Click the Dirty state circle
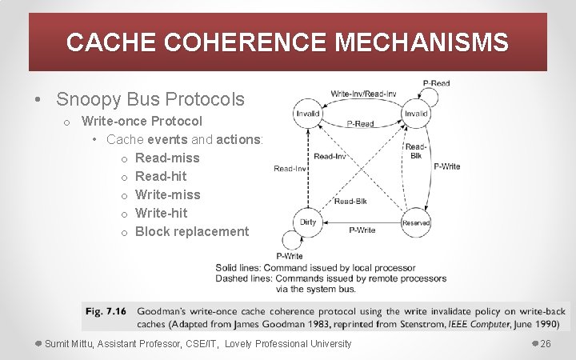pos(308,223)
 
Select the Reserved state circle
pos(416,223)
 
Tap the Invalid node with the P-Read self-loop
pos(416,114)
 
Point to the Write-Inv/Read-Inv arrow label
pos(363,94)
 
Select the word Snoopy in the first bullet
pos(86,100)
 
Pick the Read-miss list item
pos(167,158)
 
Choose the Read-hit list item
pos(161,176)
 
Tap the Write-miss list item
pos(168,194)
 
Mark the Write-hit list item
pos(162,213)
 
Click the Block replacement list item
pos(192,231)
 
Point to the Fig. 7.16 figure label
pos(106,311)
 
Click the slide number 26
pos(546,344)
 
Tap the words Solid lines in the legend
pos(237,267)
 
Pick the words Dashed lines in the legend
pos(240,278)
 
